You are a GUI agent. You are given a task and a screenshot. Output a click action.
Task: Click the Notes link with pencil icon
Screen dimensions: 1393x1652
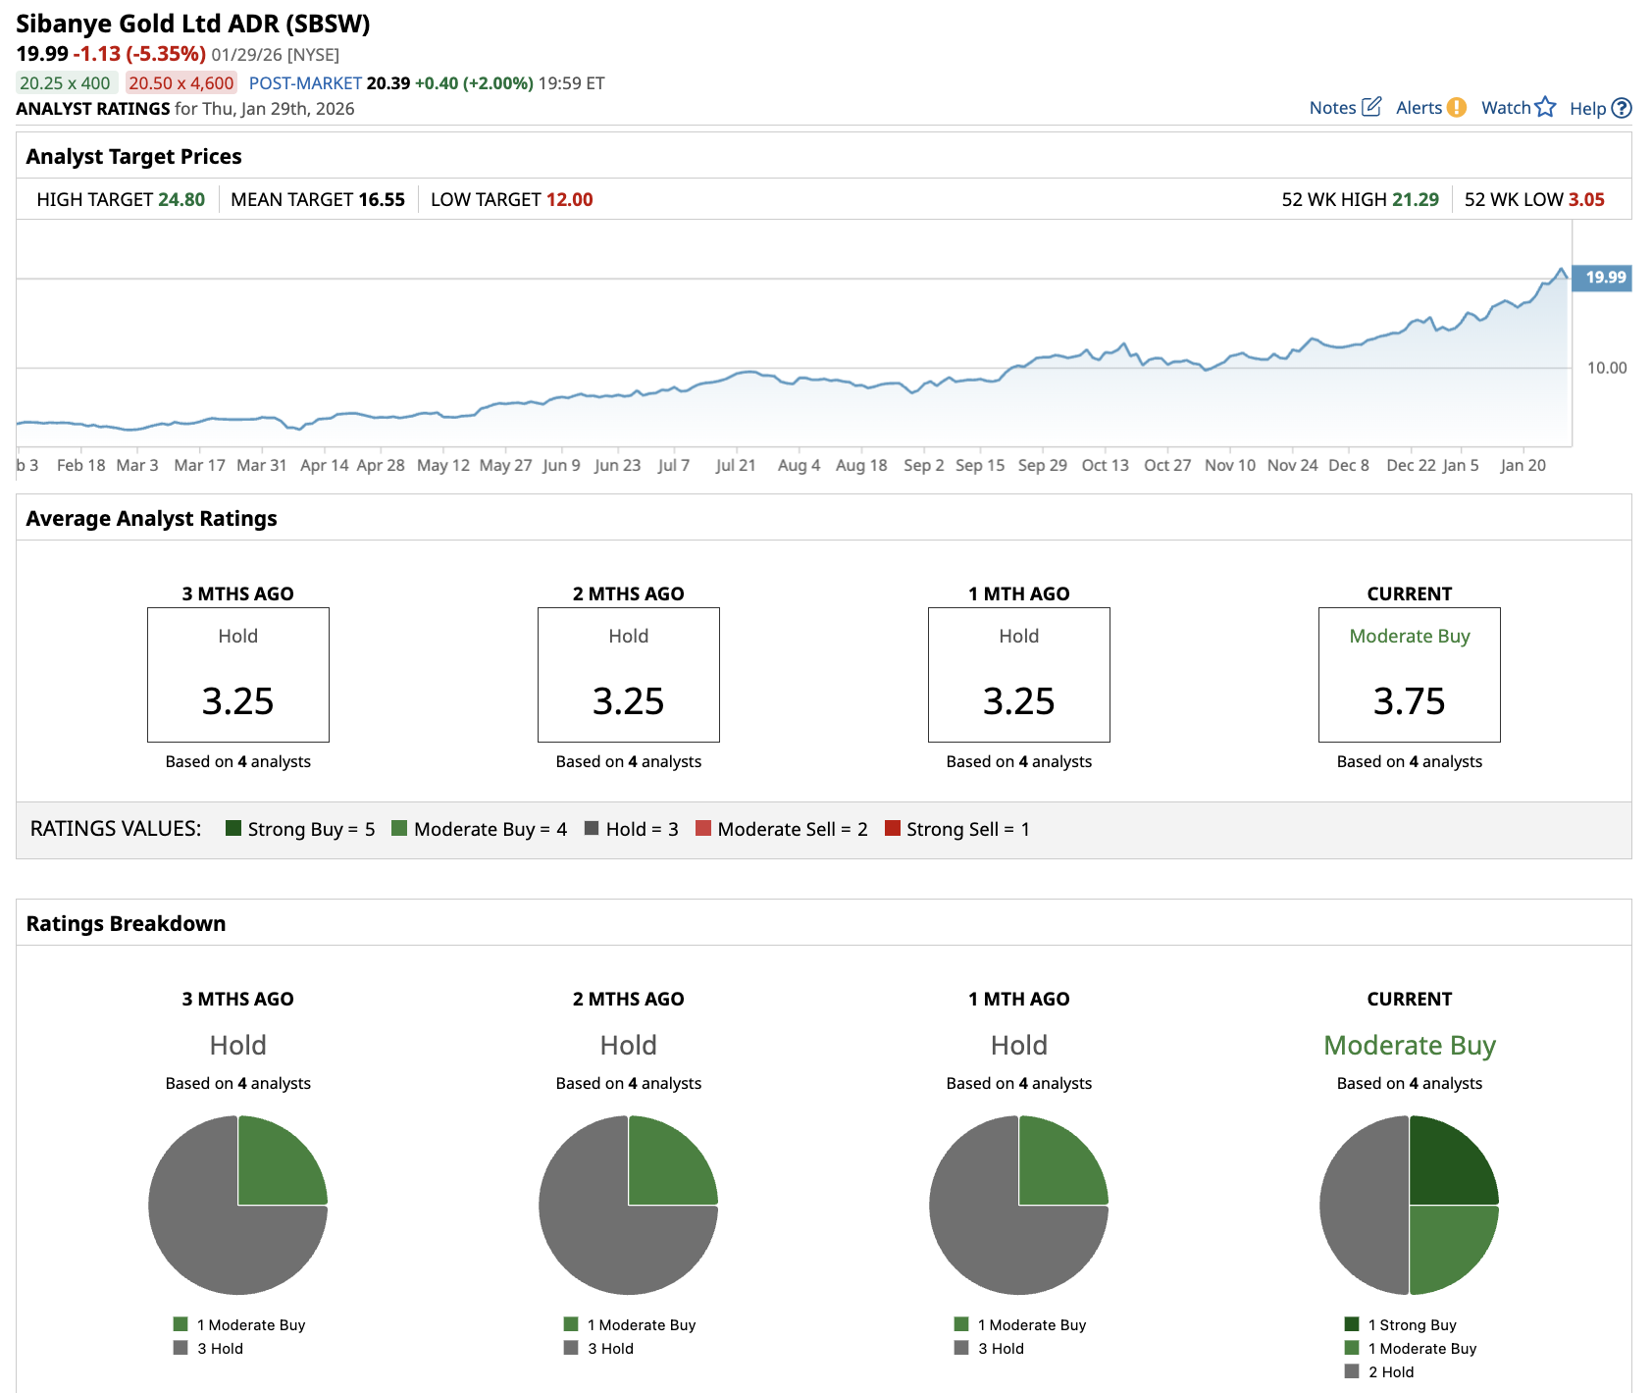click(x=1345, y=108)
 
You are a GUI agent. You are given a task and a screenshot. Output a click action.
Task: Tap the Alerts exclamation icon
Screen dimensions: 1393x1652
click(x=1457, y=108)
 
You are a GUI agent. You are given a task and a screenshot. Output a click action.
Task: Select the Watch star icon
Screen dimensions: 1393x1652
click(x=1545, y=107)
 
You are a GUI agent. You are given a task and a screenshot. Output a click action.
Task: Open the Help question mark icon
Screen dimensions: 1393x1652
click(x=1622, y=109)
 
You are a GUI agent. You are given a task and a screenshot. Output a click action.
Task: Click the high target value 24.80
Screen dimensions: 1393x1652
click(x=181, y=200)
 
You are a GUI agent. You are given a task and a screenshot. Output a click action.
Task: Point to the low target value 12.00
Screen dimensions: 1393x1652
click(x=569, y=200)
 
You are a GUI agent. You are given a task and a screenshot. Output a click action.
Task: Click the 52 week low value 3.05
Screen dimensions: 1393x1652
click(x=1585, y=200)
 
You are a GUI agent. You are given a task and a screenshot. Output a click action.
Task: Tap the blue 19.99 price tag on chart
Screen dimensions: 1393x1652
click(x=1604, y=278)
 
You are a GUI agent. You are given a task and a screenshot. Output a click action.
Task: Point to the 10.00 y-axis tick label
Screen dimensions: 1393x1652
click(x=1606, y=368)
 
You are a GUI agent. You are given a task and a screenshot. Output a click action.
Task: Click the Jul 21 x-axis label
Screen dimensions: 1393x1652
click(x=735, y=465)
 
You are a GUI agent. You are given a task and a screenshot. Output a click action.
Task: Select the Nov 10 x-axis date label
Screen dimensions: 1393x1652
click(x=1229, y=465)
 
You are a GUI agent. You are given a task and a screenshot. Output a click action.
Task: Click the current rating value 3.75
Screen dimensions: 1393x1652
click(x=1409, y=701)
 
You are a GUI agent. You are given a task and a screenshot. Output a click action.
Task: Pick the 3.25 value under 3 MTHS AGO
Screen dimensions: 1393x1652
click(x=237, y=701)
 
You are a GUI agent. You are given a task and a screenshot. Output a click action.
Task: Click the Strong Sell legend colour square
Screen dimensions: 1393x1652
click(x=893, y=828)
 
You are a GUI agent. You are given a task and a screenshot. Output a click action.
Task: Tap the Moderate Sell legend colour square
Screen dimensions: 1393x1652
click(x=702, y=828)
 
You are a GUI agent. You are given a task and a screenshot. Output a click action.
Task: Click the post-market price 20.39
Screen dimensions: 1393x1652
click(x=388, y=83)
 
